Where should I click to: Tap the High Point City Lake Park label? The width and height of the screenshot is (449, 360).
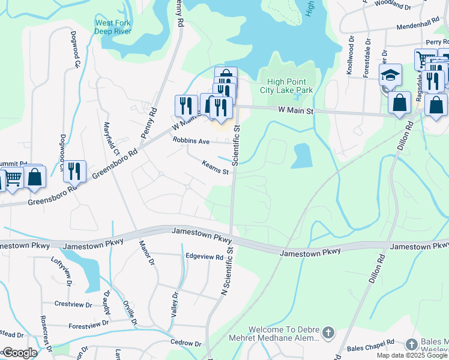287,86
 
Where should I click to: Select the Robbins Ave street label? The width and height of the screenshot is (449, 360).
190,140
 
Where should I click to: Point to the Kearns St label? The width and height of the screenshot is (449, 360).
215,167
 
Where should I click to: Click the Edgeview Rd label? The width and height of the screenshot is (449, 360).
205,257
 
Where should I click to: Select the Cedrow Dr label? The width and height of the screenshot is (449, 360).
185,343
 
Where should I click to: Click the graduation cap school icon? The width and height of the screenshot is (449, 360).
390,76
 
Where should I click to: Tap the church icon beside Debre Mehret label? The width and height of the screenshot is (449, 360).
328,332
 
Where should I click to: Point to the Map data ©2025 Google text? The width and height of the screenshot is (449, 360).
412,355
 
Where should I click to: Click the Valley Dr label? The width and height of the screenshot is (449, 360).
175,304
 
